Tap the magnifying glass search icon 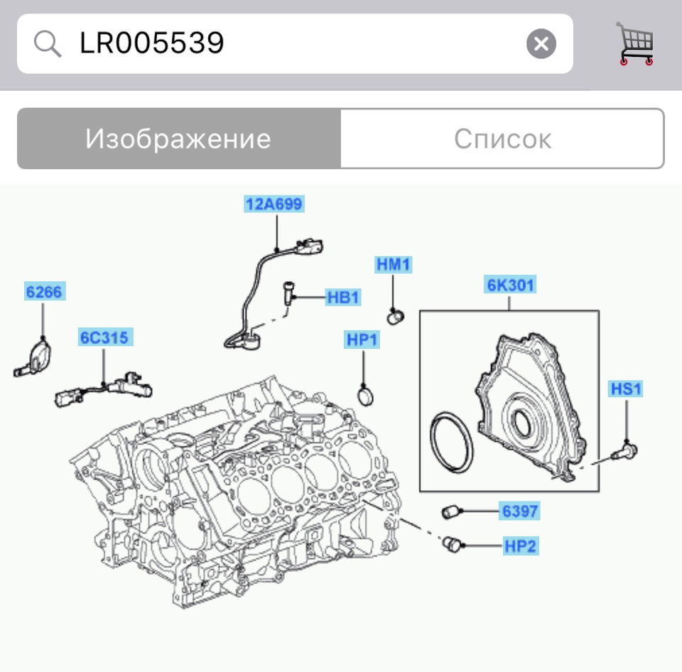click(x=48, y=44)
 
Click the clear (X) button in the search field click(x=541, y=44)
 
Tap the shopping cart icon click(x=634, y=44)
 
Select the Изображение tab click(x=178, y=139)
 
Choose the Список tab click(x=502, y=139)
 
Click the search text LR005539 click(x=152, y=44)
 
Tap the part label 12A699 click(x=274, y=205)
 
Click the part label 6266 click(x=43, y=291)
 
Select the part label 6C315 click(x=104, y=337)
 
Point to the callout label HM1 click(x=394, y=265)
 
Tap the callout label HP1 click(x=362, y=340)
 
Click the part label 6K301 click(x=511, y=286)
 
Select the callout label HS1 click(x=625, y=389)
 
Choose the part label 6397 click(x=520, y=510)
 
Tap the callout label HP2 click(x=520, y=546)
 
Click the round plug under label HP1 click(x=367, y=393)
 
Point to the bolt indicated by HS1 click(x=626, y=450)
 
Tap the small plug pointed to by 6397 click(x=450, y=510)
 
